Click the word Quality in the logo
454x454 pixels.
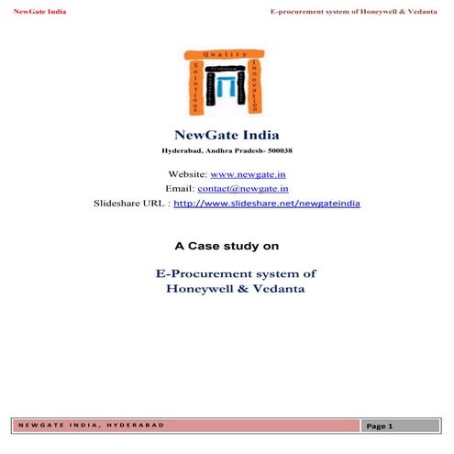227,53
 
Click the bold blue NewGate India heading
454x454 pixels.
226,134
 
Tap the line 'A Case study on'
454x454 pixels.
227,246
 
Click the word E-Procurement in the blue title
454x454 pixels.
197,273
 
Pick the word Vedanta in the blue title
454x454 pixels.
280,288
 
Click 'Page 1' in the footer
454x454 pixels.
379,426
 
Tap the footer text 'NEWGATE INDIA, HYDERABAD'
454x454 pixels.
90,426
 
